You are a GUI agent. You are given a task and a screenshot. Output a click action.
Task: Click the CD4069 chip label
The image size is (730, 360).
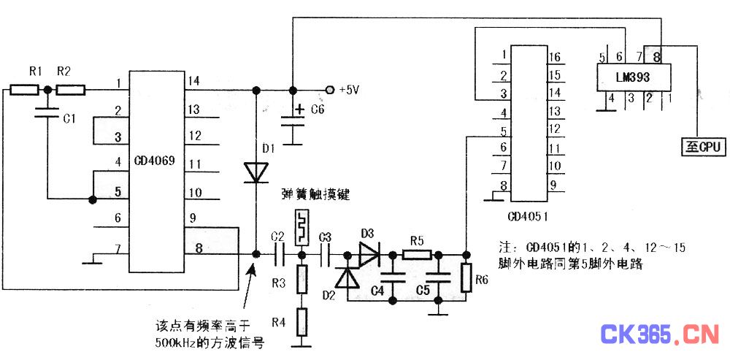click(x=154, y=158)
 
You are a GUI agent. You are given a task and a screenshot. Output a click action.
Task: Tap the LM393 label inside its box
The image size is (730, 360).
click(x=632, y=76)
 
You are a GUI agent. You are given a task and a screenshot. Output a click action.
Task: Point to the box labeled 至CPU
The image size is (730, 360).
click(x=702, y=147)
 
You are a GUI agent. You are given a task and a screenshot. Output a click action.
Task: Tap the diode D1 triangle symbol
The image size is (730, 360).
click(x=256, y=172)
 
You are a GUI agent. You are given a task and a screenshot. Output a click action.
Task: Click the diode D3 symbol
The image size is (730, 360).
click(x=369, y=255)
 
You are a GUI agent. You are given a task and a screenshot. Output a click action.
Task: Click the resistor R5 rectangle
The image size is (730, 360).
click(x=417, y=255)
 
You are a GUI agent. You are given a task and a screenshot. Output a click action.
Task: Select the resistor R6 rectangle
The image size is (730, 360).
click(x=466, y=279)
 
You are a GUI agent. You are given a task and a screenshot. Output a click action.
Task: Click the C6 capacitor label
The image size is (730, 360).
click(x=318, y=110)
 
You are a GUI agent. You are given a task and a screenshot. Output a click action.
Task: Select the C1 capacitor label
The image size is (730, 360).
click(x=69, y=118)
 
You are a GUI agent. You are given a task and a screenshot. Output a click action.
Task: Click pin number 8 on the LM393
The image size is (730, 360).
click(x=657, y=55)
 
